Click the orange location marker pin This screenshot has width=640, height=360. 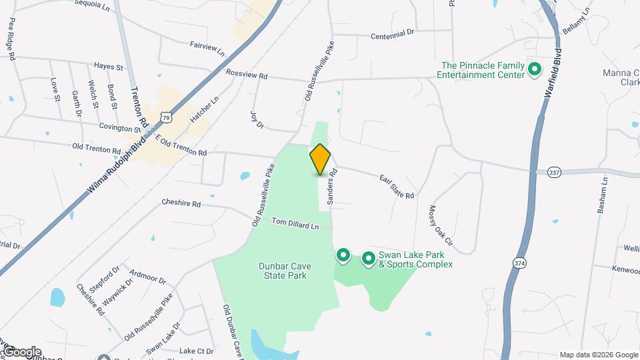pyautogui.click(x=320, y=159)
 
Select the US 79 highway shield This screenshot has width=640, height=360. pyautogui.click(x=166, y=117)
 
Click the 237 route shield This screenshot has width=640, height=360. pyautogui.click(x=553, y=172)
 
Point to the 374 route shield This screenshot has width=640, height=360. pyautogui.click(x=520, y=263)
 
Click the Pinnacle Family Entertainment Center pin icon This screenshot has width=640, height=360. pyautogui.click(x=534, y=69)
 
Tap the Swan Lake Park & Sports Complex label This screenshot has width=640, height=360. pyautogui.click(x=416, y=259)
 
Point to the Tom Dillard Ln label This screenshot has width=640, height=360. pyautogui.click(x=295, y=225)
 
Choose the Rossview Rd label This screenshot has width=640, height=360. pyautogui.click(x=246, y=75)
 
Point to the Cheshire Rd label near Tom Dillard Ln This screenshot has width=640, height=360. pyautogui.click(x=181, y=203)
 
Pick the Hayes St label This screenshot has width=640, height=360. pyautogui.click(x=109, y=67)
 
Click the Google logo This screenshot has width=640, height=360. pyautogui.click(x=21, y=352)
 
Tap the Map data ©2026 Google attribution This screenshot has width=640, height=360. pyautogui.click(x=598, y=355)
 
